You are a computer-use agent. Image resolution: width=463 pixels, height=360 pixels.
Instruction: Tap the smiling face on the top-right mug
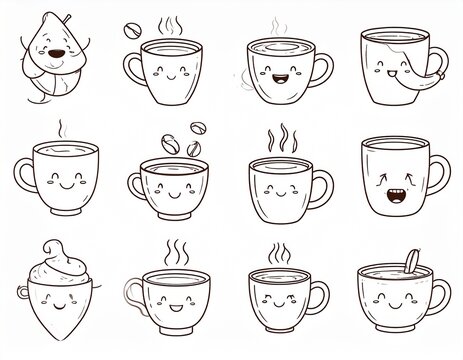(385, 70)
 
